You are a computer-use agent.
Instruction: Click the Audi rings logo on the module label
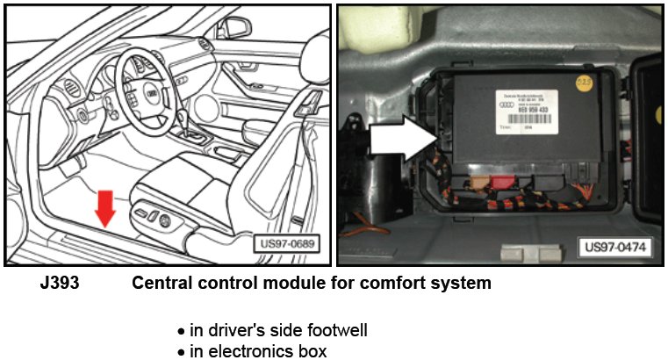point(508,102)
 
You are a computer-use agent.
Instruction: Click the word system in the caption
point(463,284)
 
